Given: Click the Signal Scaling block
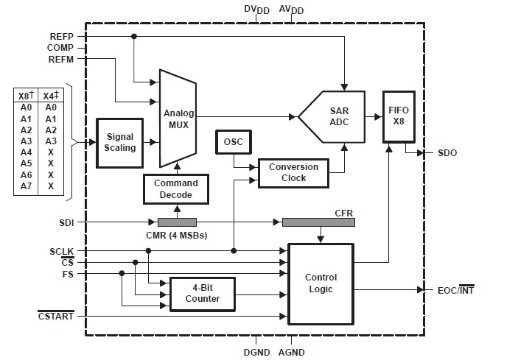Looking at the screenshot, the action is [x=119, y=143].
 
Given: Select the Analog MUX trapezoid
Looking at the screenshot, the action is [x=178, y=119].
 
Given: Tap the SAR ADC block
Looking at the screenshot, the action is [x=332, y=116].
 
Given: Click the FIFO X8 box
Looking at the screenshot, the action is [x=399, y=117].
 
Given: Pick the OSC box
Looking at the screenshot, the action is [x=234, y=142].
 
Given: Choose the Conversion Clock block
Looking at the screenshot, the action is [x=293, y=173].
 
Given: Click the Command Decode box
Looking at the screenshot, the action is [x=176, y=189].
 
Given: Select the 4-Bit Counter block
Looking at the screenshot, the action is [x=203, y=294].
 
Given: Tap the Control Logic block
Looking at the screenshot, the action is [x=321, y=284].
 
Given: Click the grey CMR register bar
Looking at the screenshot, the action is [x=177, y=222].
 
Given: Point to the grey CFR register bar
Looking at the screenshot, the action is [x=318, y=222].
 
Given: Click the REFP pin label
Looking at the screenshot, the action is [x=62, y=37].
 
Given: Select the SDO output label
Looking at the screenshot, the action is [x=447, y=153].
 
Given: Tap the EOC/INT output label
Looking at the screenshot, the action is [x=456, y=290].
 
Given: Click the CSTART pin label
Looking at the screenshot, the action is [x=56, y=316].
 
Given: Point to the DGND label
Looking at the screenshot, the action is [x=256, y=353].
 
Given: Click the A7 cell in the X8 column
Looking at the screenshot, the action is [x=26, y=186].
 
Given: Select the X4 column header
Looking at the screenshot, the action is [x=51, y=96].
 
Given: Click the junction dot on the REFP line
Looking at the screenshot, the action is [x=134, y=36].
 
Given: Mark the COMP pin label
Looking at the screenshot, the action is [x=60, y=48].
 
